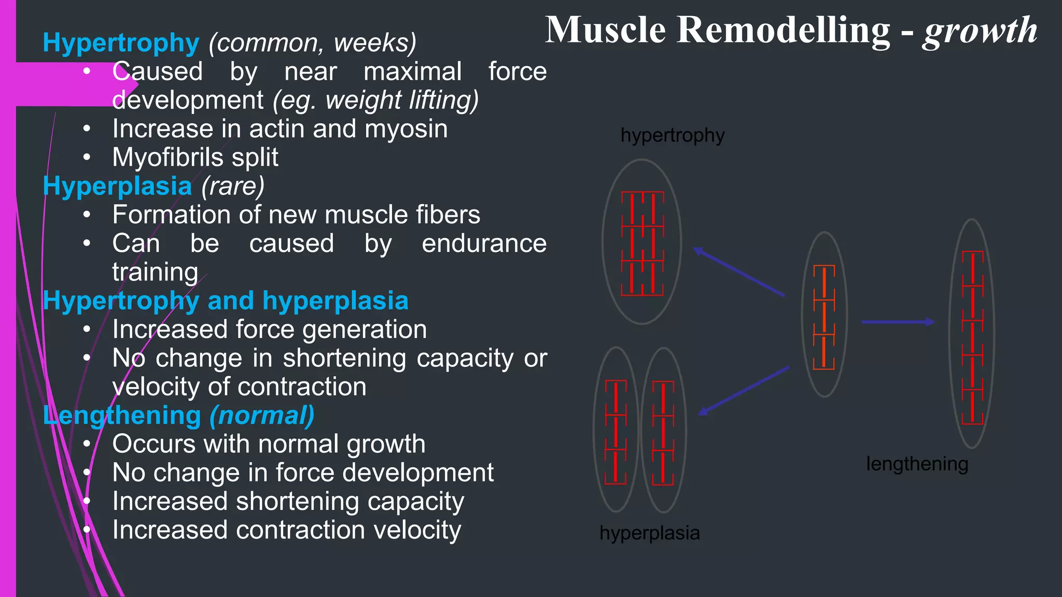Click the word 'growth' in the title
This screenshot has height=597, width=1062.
pos(979,31)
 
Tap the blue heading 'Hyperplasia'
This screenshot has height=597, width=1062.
pos(117,186)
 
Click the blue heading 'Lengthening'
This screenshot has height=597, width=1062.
pos(122,416)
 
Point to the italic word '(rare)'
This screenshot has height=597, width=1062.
pos(233,186)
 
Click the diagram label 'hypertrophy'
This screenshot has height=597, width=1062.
pos(672,136)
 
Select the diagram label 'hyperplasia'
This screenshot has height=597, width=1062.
pos(649,533)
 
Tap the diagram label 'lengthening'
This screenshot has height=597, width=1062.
pos(917,464)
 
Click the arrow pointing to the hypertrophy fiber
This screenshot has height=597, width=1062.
pos(739,273)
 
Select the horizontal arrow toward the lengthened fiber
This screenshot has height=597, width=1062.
pos(898,322)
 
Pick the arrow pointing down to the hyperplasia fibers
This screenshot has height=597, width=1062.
pos(744,391)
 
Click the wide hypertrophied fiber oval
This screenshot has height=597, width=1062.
pos(642,242)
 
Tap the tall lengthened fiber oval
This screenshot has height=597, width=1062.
pos(972,333)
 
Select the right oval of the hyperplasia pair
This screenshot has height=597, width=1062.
pos(663,430)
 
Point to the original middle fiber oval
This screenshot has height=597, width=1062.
pos(824,315)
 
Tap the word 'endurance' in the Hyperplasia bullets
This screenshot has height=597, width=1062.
pos(484,244)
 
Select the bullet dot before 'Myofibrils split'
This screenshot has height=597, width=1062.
pos(87,157)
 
